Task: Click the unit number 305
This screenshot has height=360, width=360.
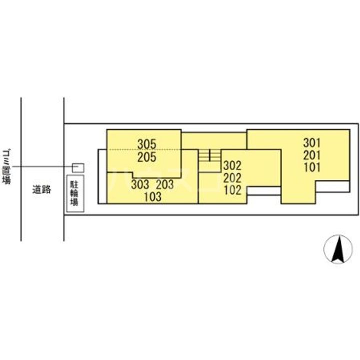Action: coord(147,144)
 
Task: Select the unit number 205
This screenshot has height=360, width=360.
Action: coord(147,157)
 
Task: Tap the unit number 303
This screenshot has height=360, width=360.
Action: coord(140,184)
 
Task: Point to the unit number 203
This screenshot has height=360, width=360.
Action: coord(164,184)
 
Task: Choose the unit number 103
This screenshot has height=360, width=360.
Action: coord(152,197)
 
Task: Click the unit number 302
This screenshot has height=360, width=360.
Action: coord(232,165)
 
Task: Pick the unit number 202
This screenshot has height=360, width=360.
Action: coord(232,177)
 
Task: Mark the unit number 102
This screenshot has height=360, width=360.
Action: coord(232,190)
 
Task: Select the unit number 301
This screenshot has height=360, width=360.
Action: coord(312,142)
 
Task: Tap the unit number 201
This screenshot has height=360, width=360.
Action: coord(312,154)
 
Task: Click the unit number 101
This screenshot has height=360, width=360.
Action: coord(312,167)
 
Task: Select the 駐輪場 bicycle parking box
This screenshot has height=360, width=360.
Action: coord(74,193)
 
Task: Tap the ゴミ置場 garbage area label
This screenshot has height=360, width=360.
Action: coord(6,167)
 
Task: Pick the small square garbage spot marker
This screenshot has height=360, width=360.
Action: coord(78,167)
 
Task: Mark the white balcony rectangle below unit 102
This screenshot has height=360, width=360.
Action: coord(263,190)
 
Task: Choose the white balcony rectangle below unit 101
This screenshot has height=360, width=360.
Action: coord(332,186)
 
